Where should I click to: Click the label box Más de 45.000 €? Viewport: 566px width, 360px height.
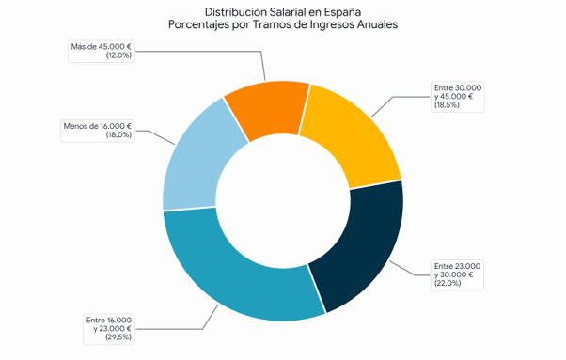(x=102, y=51)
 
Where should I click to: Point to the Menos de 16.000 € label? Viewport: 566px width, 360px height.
(x=98, y=131)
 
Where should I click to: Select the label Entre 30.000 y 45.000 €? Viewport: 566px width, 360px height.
(x=458, y=97)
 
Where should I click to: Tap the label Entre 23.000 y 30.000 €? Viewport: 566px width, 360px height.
(x=457, y=274)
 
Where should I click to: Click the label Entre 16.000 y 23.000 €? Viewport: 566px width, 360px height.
(x=109, y=329)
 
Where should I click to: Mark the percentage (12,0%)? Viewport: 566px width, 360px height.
(x=118, y=55)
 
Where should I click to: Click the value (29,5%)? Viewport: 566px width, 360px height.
(x=118, y=337)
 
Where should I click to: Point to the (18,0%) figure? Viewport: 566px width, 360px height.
(x=118, y=135)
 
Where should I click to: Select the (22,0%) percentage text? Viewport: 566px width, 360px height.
(x=448, y=283)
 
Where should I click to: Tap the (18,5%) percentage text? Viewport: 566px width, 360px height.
(x=448, y=105)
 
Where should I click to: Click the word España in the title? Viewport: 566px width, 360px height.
(x=342, y=12)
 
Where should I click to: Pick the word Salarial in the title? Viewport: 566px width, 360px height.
(x=288, y=12)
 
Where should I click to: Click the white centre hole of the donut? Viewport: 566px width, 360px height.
(x=283, y=201)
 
